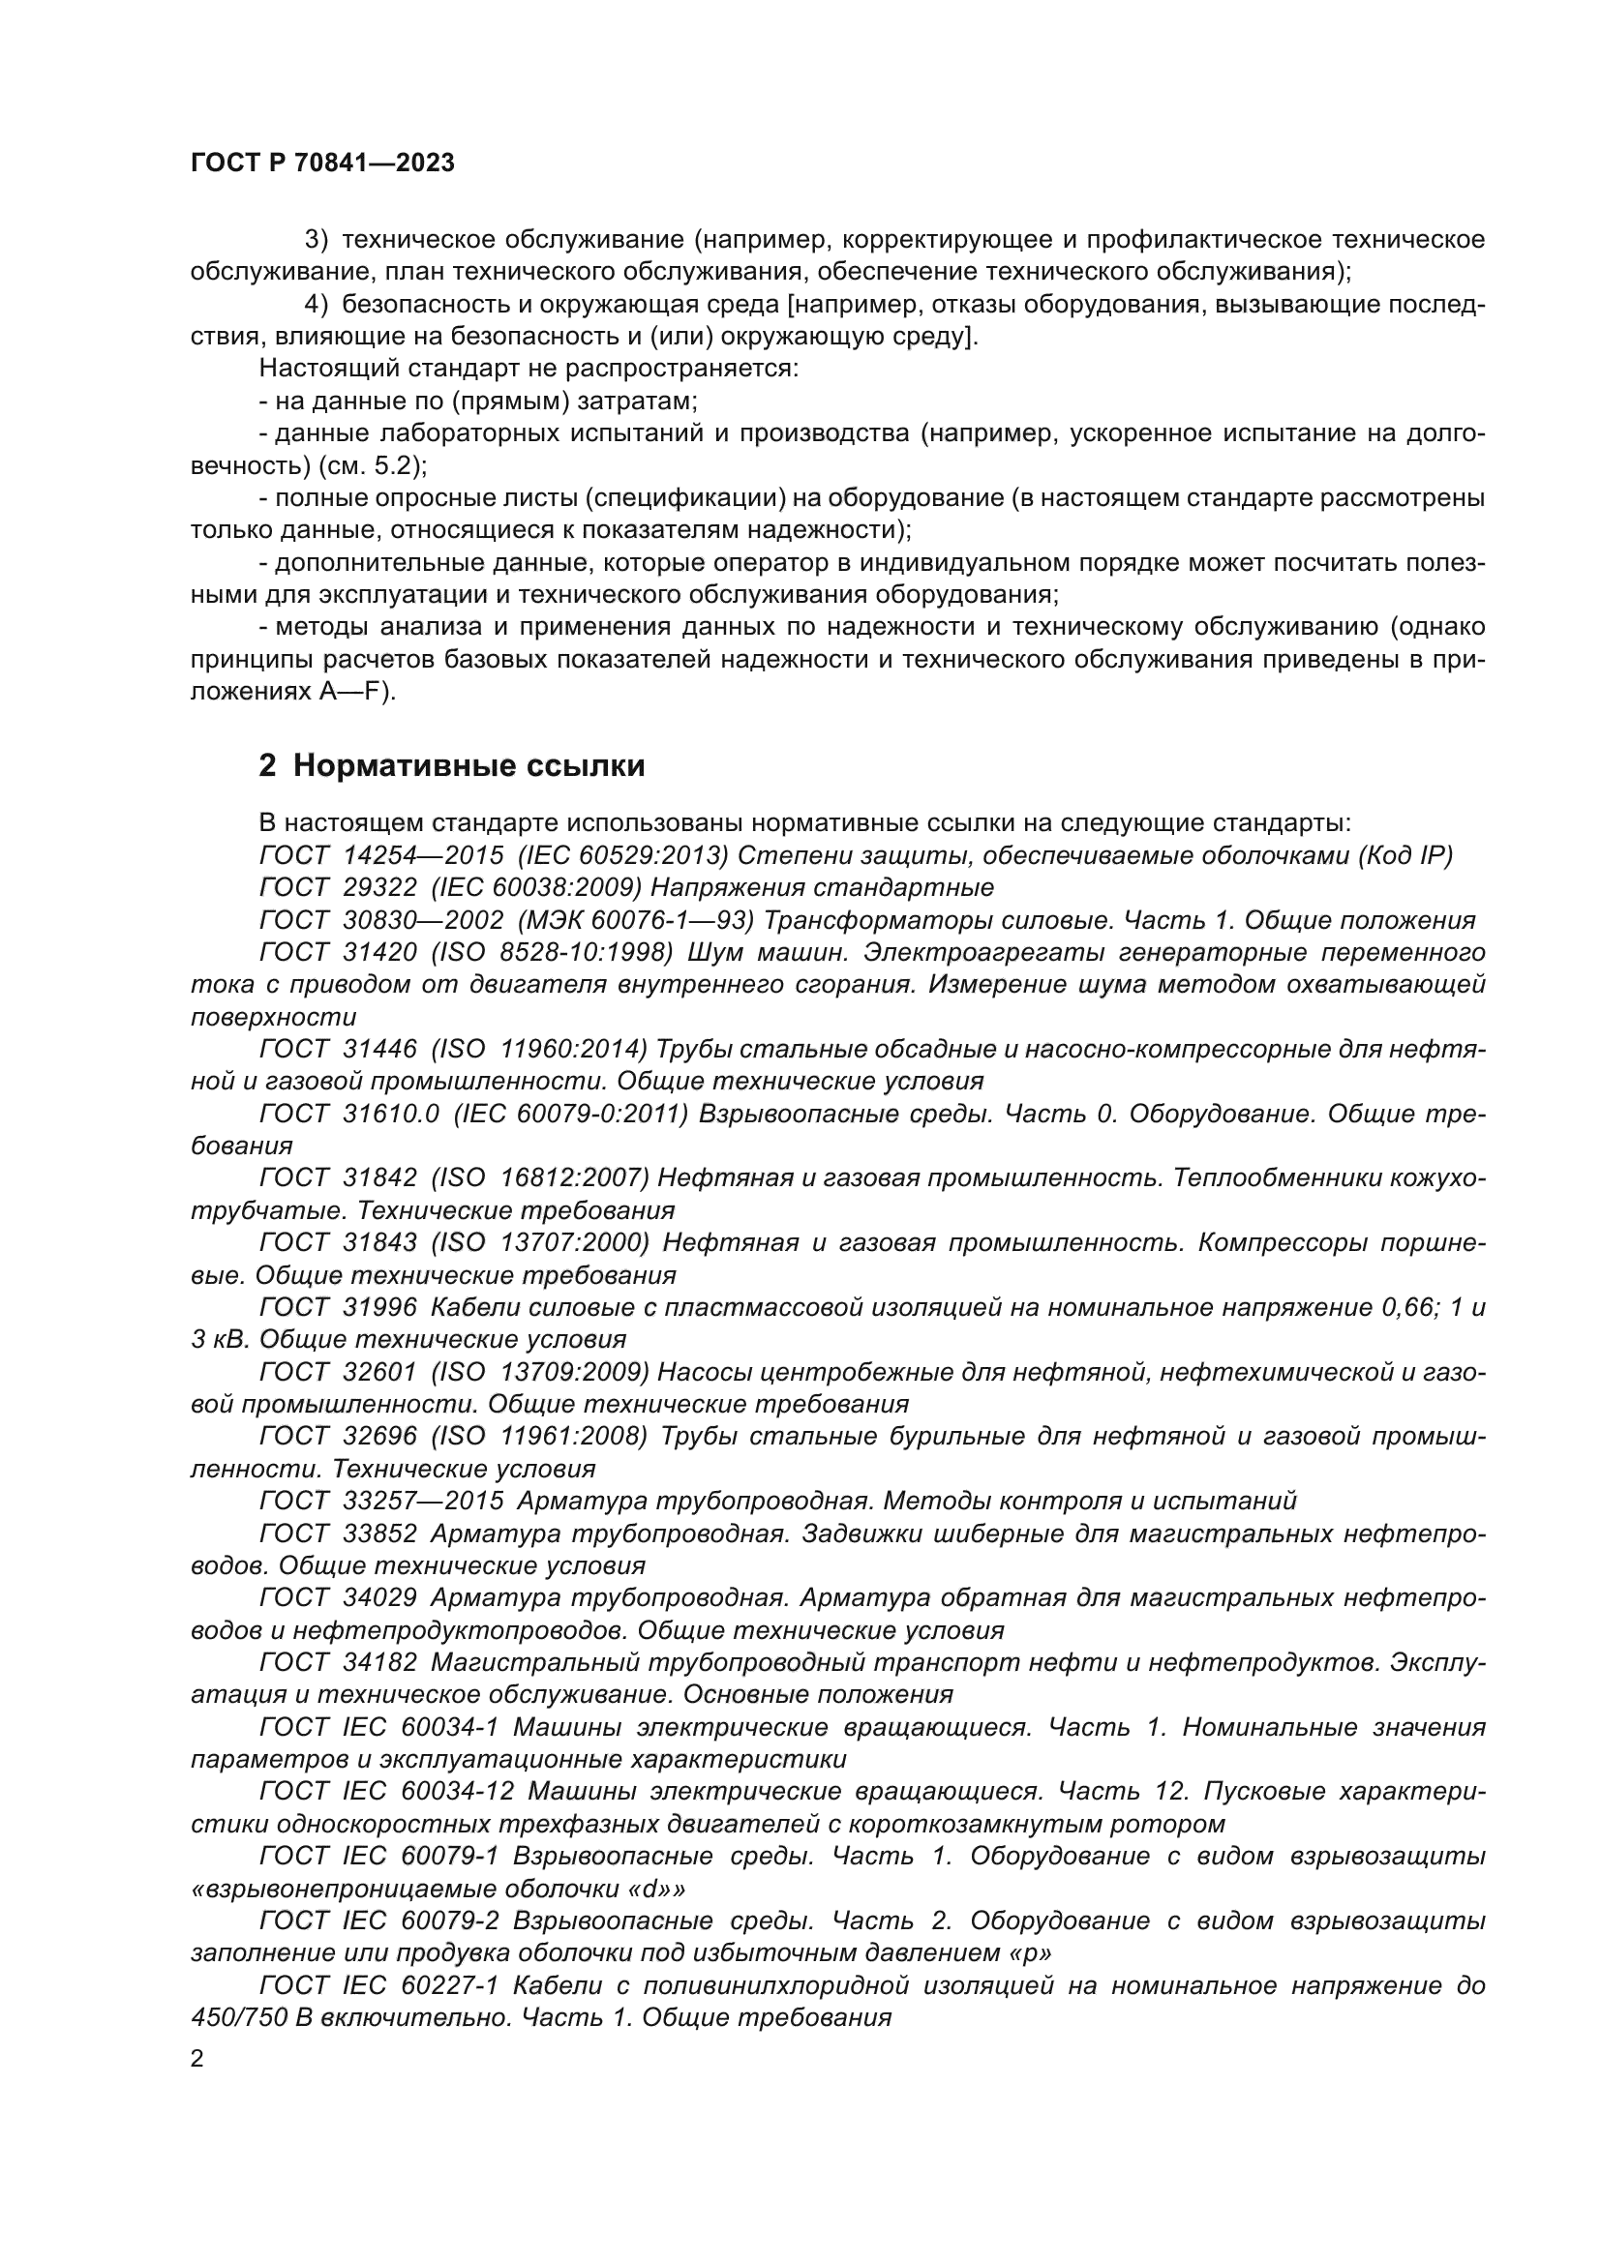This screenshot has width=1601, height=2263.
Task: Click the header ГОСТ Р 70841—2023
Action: (322, 164)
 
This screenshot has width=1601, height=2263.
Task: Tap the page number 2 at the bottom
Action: (197, 2058)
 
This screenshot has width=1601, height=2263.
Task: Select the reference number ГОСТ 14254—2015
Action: (381, 854)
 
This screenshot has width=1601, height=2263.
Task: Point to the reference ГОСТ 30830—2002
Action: (381, 919)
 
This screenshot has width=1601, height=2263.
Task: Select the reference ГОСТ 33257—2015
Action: (381, 1501)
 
